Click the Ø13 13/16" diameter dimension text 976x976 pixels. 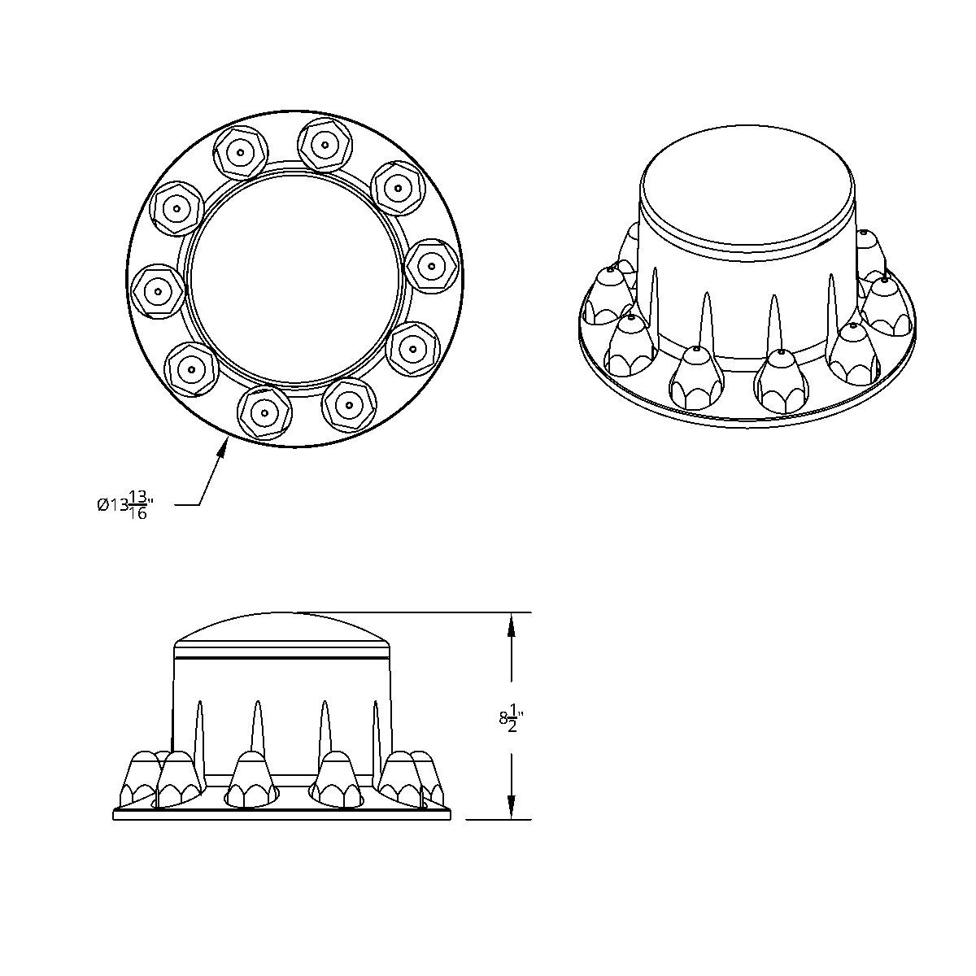click(x=122, y=504)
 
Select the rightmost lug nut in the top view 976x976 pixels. click(x=430, y=265)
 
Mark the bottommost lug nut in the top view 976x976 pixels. click(x=264, y=412)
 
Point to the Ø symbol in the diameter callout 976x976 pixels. click(x=102, y=505)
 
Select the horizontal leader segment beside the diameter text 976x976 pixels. click(x=187, y=505)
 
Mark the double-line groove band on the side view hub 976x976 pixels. click(x=282, y=651)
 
